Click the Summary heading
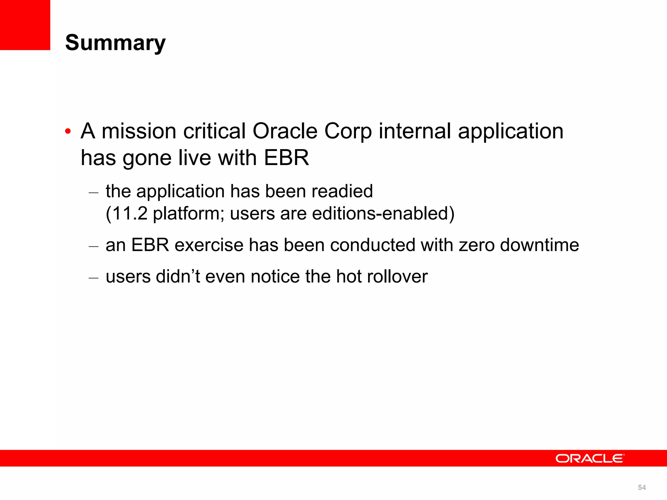(115, 43)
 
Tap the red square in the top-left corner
(25, 25)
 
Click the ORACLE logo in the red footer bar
(590, 458)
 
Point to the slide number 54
(642, 487)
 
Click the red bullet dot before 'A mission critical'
(68, 132)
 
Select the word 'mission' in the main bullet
(139, 131)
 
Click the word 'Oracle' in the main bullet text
(285, 131)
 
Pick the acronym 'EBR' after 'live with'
(286, 158)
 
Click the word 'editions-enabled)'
(383, 214)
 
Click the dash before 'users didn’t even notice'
(93, 278)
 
